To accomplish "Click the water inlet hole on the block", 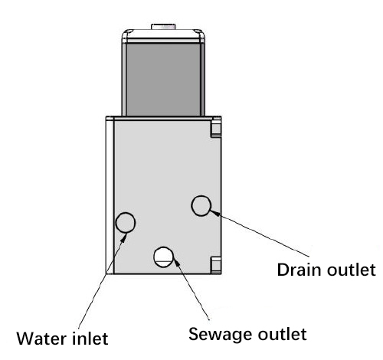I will tap(125, 223).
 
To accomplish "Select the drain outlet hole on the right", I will tap(201, 205).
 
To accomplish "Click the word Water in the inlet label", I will tap(44, 337).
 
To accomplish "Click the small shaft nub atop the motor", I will tap(164, 27).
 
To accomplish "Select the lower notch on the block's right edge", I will tap(216, 264).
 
